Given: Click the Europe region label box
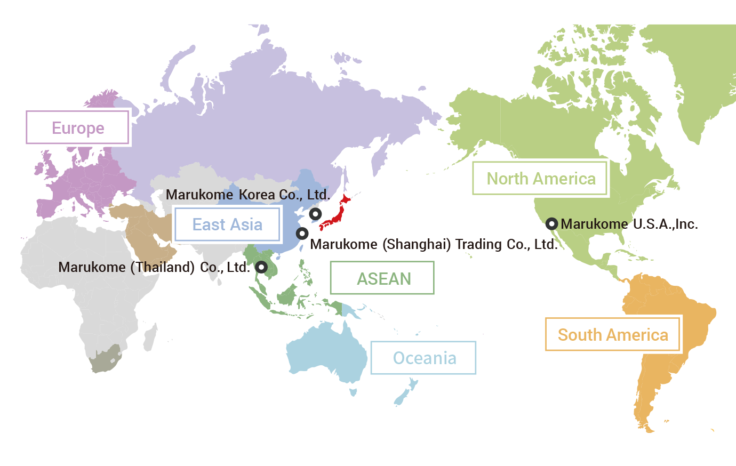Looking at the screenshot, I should [77, 128].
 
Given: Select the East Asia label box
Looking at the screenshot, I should [227, 224].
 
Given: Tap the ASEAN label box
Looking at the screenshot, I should [383, 278].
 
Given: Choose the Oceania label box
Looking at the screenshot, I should [424, 358].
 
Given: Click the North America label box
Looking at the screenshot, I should [540, 179].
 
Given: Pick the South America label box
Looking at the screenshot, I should [612, 335].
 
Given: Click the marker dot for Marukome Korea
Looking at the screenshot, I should [315, 214].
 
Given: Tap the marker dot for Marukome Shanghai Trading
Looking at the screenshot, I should [302, 233].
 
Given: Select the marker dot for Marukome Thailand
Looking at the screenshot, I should [261, 267].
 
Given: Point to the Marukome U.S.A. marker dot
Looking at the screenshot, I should [552, 224].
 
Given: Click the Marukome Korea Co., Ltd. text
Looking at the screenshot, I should [247, 195].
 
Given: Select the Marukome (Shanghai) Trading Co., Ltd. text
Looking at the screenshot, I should [433, 244].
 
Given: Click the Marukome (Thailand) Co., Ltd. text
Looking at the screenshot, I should [154, 267].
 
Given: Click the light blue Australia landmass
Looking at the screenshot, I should [325, 352].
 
